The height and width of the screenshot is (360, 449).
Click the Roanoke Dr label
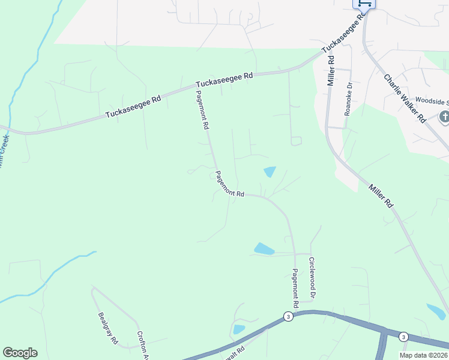(348, 93)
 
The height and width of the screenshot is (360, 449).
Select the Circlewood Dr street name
(312, 278)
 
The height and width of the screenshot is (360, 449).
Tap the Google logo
(20, 353)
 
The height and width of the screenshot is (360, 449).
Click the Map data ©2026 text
(423, 355)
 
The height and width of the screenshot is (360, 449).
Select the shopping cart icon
(364, 3)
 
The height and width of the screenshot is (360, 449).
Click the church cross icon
(444, 117)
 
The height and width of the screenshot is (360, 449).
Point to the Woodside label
(432, 101)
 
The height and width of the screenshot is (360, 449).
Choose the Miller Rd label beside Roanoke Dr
(330, 71)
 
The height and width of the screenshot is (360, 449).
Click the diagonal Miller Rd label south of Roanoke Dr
(381, 196)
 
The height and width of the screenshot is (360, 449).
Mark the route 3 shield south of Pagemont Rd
(289, 316)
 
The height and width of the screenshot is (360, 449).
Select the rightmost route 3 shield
(403, 336)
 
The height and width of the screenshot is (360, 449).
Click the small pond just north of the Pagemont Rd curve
(270, 172)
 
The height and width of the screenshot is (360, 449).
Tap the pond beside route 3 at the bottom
(239, 329)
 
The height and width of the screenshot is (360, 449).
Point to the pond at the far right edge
(436, 311)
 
